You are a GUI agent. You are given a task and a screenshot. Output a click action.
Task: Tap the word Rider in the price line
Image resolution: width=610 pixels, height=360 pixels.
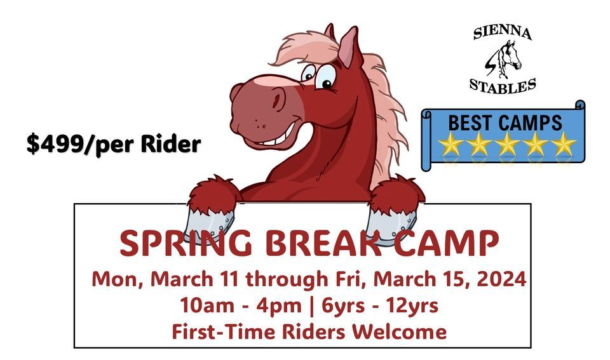[x=171, y=143]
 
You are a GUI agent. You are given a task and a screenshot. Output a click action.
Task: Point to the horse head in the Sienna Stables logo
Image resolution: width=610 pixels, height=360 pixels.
[x=506, y=59]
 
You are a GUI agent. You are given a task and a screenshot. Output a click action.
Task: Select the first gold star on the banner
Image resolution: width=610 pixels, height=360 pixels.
[x=451, y=143]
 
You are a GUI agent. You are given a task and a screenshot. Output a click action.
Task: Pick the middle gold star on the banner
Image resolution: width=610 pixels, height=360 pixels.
[x=507, y=143]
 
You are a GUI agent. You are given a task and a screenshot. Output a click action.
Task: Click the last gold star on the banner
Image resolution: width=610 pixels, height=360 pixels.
[x=564, y=143]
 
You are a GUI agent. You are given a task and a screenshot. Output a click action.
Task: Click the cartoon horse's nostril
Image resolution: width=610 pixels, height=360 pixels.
[x=278, y=100]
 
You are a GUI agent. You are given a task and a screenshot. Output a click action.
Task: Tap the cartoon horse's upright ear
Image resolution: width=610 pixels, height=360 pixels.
[x=349, y=46]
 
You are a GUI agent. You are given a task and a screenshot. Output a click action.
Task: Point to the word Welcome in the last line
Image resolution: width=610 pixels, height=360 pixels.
[x=400, y=331]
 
